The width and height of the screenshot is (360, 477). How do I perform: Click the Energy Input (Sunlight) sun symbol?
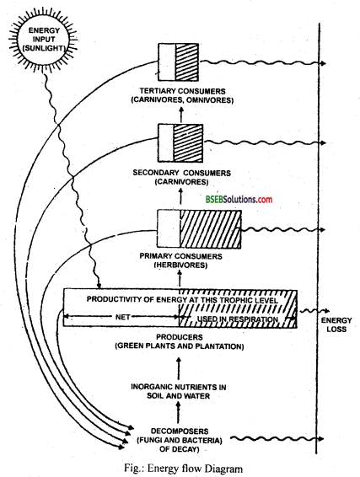click(x=38, y=36)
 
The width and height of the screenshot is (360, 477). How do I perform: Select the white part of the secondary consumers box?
click(x=165, y=139)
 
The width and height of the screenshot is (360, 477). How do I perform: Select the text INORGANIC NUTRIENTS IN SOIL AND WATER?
click(x=179, y=392)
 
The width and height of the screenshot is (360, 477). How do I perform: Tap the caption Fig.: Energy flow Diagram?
click(x=180, y=465)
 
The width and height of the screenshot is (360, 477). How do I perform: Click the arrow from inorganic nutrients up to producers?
click(x=179, y=367)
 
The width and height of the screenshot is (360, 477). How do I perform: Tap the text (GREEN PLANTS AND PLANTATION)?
click(x=179, y=347)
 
